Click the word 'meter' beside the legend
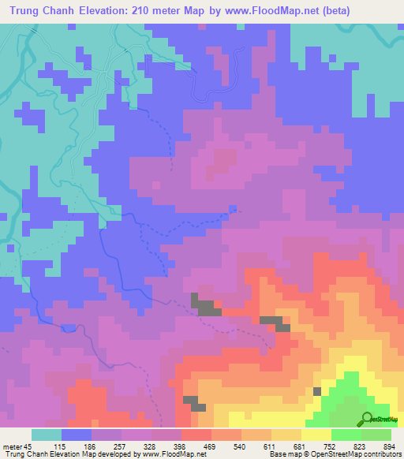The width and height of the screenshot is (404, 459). coord(11,446)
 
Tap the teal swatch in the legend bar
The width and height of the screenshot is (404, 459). coord(47,435)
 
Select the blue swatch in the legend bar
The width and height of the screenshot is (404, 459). coord(77,435)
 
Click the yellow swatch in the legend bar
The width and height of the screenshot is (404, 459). coord(316,435)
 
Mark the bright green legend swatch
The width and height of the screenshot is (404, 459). coord(346,435)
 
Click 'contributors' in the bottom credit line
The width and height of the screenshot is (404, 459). coord(383,454)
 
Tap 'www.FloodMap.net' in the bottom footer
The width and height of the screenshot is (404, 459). coord(166,454)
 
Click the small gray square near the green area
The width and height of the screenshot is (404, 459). coord(317,390)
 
